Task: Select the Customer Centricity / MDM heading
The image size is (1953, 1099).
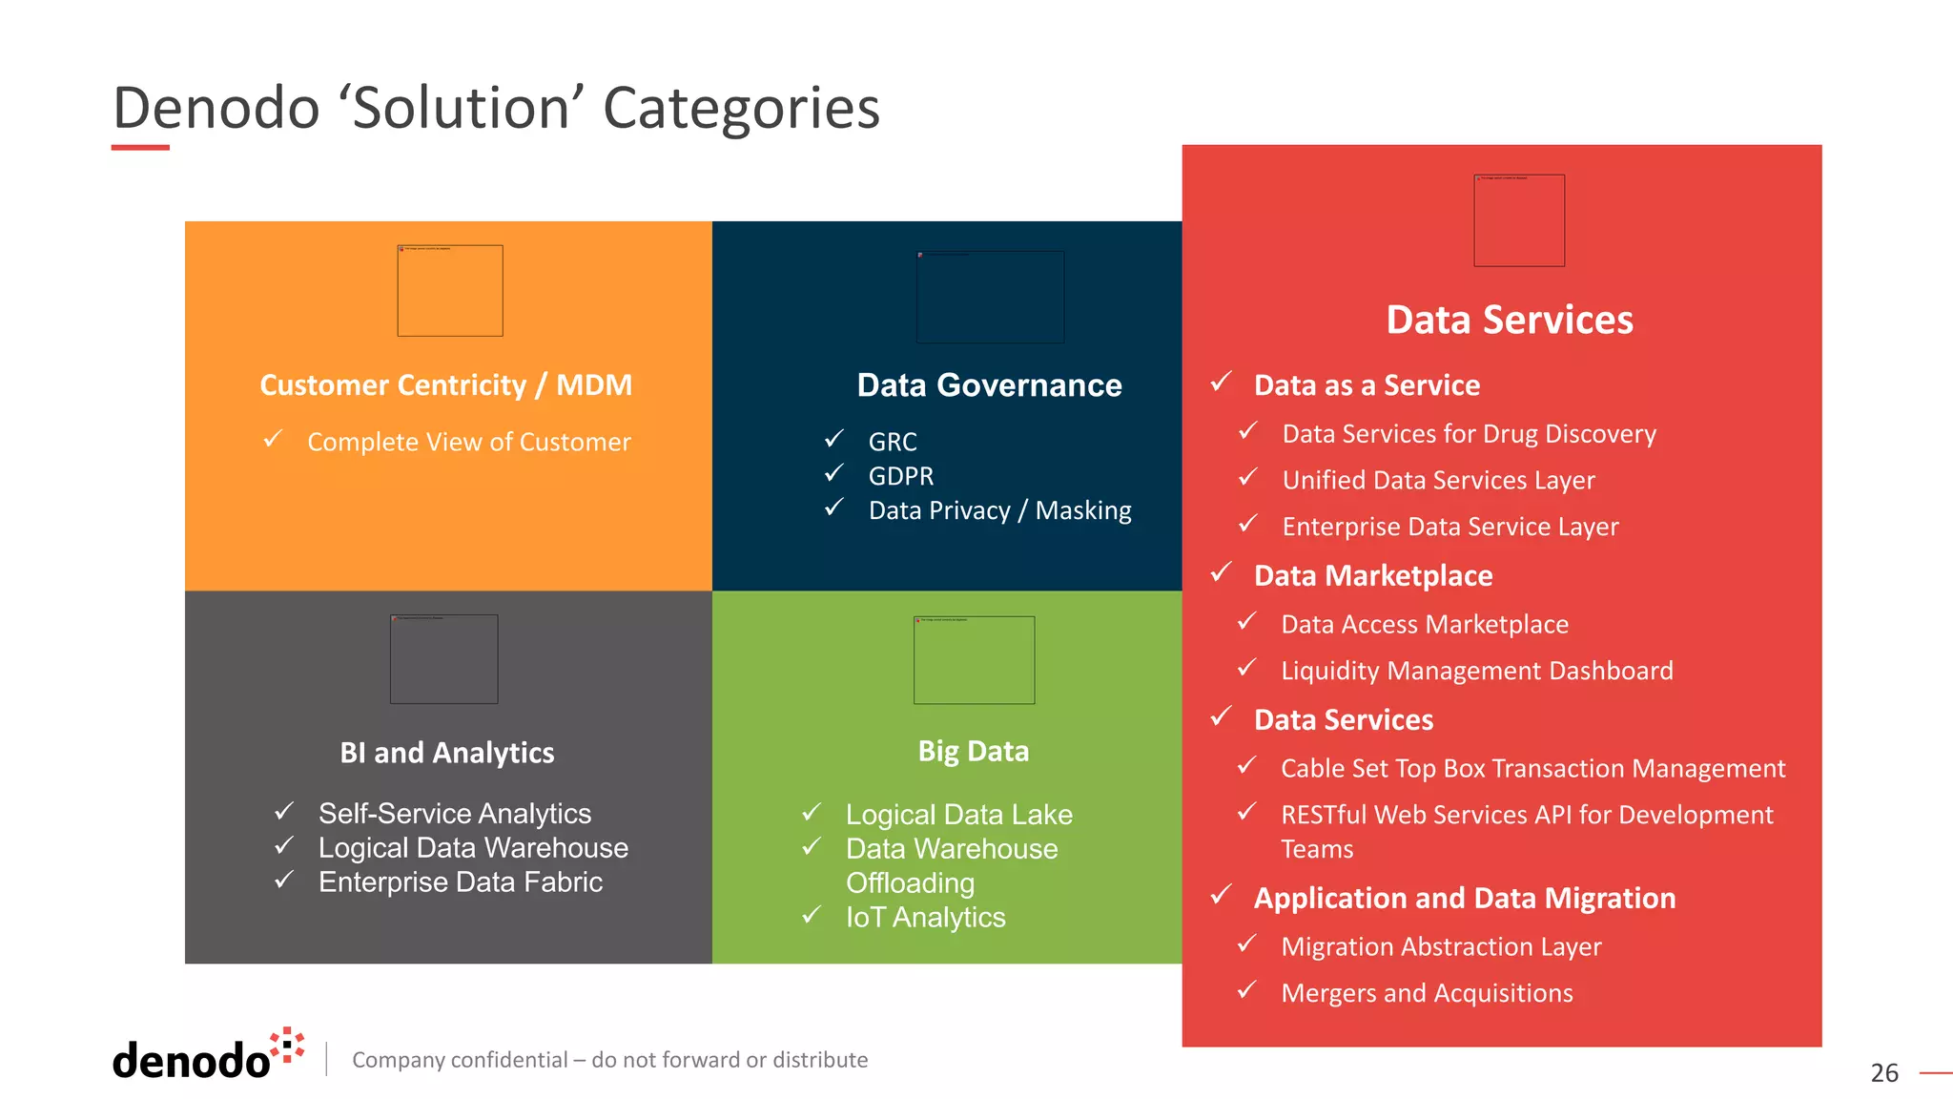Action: tap(445, 385)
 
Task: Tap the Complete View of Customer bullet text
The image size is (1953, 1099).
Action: tap(468, 443)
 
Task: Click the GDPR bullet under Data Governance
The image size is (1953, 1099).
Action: tap(900, 476)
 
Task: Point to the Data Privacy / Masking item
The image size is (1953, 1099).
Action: tap(999, 511)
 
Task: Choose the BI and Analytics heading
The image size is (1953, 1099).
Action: tap(446, 753)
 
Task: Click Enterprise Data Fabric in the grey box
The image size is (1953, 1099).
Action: tap(460, 882)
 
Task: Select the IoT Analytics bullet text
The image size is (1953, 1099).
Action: tap(925, 918)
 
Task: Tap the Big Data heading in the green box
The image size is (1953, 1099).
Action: tap(973, 752)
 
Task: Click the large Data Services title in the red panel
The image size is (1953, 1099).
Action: tap(1509, 320)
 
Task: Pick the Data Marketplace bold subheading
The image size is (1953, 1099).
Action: tap(1372, 576)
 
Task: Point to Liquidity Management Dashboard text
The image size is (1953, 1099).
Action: tap(1476, 671)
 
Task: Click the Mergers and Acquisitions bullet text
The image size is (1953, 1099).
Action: tap(1427, 993)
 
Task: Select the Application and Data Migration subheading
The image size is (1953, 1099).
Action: tap(1464, 899)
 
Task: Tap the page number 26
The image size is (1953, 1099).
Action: tap(1883, 1073)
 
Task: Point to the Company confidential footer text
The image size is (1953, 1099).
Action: tap(609, 1060)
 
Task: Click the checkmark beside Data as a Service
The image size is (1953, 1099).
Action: tap(1222, 383)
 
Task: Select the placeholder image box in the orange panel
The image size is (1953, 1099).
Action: tap(449, 291)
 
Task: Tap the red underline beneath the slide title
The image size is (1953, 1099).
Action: tap(140, 148)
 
